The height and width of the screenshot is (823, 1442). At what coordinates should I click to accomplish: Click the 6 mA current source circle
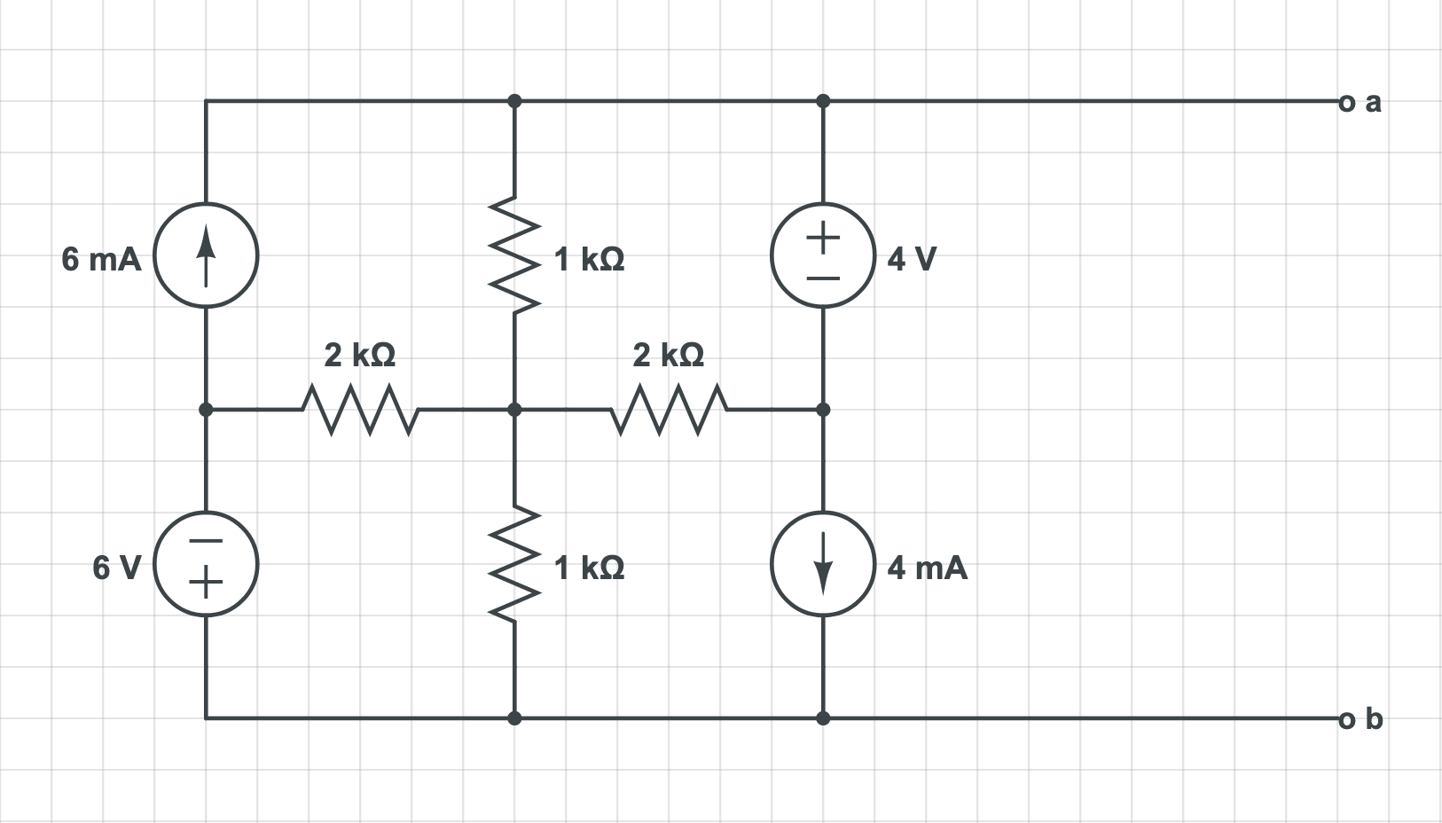[206, 256]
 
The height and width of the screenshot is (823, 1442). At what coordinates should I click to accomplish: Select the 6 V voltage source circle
[206, 564]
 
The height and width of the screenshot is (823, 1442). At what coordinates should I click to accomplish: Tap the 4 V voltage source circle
[823, 256]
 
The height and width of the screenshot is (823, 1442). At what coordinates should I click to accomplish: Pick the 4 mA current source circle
[823, 564]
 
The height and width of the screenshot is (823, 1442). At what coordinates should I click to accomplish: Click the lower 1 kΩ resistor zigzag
[515, 564]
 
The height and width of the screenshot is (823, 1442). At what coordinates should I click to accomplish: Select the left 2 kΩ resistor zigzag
[360, 410]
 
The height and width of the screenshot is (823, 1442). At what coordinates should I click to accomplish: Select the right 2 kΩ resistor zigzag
[669, 410]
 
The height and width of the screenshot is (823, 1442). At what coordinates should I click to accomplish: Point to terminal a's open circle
[1347, 103]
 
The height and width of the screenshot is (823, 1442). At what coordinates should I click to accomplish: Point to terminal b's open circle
[1347, 718]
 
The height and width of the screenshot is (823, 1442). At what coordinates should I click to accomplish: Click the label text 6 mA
[101, 260]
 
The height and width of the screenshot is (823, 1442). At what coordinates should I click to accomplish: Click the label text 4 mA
[927, 568]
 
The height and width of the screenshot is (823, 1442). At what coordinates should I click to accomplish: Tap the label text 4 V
[911, 260]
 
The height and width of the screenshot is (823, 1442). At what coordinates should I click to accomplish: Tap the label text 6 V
[116, 568]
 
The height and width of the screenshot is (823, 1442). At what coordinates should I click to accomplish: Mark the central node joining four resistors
[514, 410]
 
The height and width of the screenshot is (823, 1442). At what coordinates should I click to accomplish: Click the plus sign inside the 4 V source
[823, 237]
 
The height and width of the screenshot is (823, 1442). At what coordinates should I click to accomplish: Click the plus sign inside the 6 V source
[206, 584]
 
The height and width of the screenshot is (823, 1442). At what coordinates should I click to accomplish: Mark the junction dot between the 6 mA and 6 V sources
[206, 410]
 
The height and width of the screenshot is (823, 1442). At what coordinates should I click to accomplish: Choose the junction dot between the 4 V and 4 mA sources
[823, 410]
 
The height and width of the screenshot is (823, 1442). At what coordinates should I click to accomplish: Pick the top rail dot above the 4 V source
[823, 101]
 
